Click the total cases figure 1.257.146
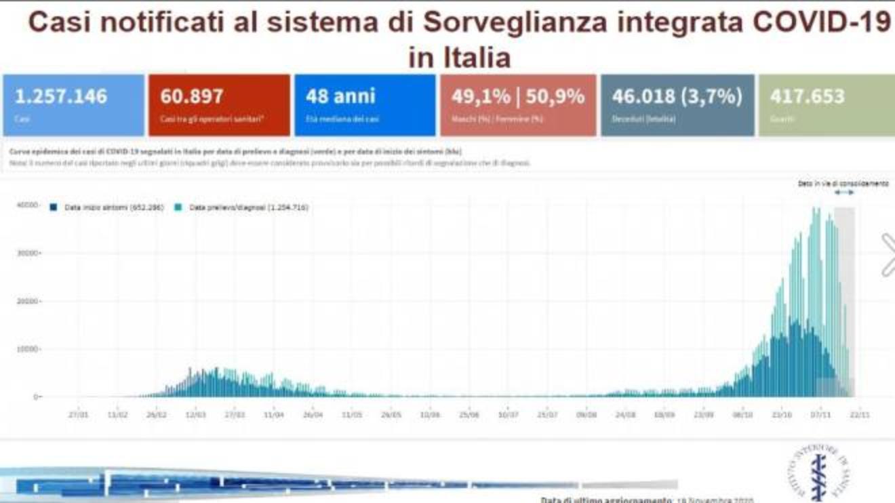[x=61, y=96]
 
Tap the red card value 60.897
[x=192, y=96]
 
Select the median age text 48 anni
[x=340, y=96]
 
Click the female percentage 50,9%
[x=553, y=96]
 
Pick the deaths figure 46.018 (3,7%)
[x=677, y=96]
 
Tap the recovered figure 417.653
[x=808, y=96]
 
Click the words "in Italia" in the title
[x=459, y=57]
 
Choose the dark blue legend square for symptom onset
[x=54, y=207]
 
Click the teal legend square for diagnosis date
[x=178, y=207]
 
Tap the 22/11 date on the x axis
[x=860, y=414]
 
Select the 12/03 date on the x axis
[x=196, y=414]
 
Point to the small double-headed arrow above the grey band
[x=844, y=193]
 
